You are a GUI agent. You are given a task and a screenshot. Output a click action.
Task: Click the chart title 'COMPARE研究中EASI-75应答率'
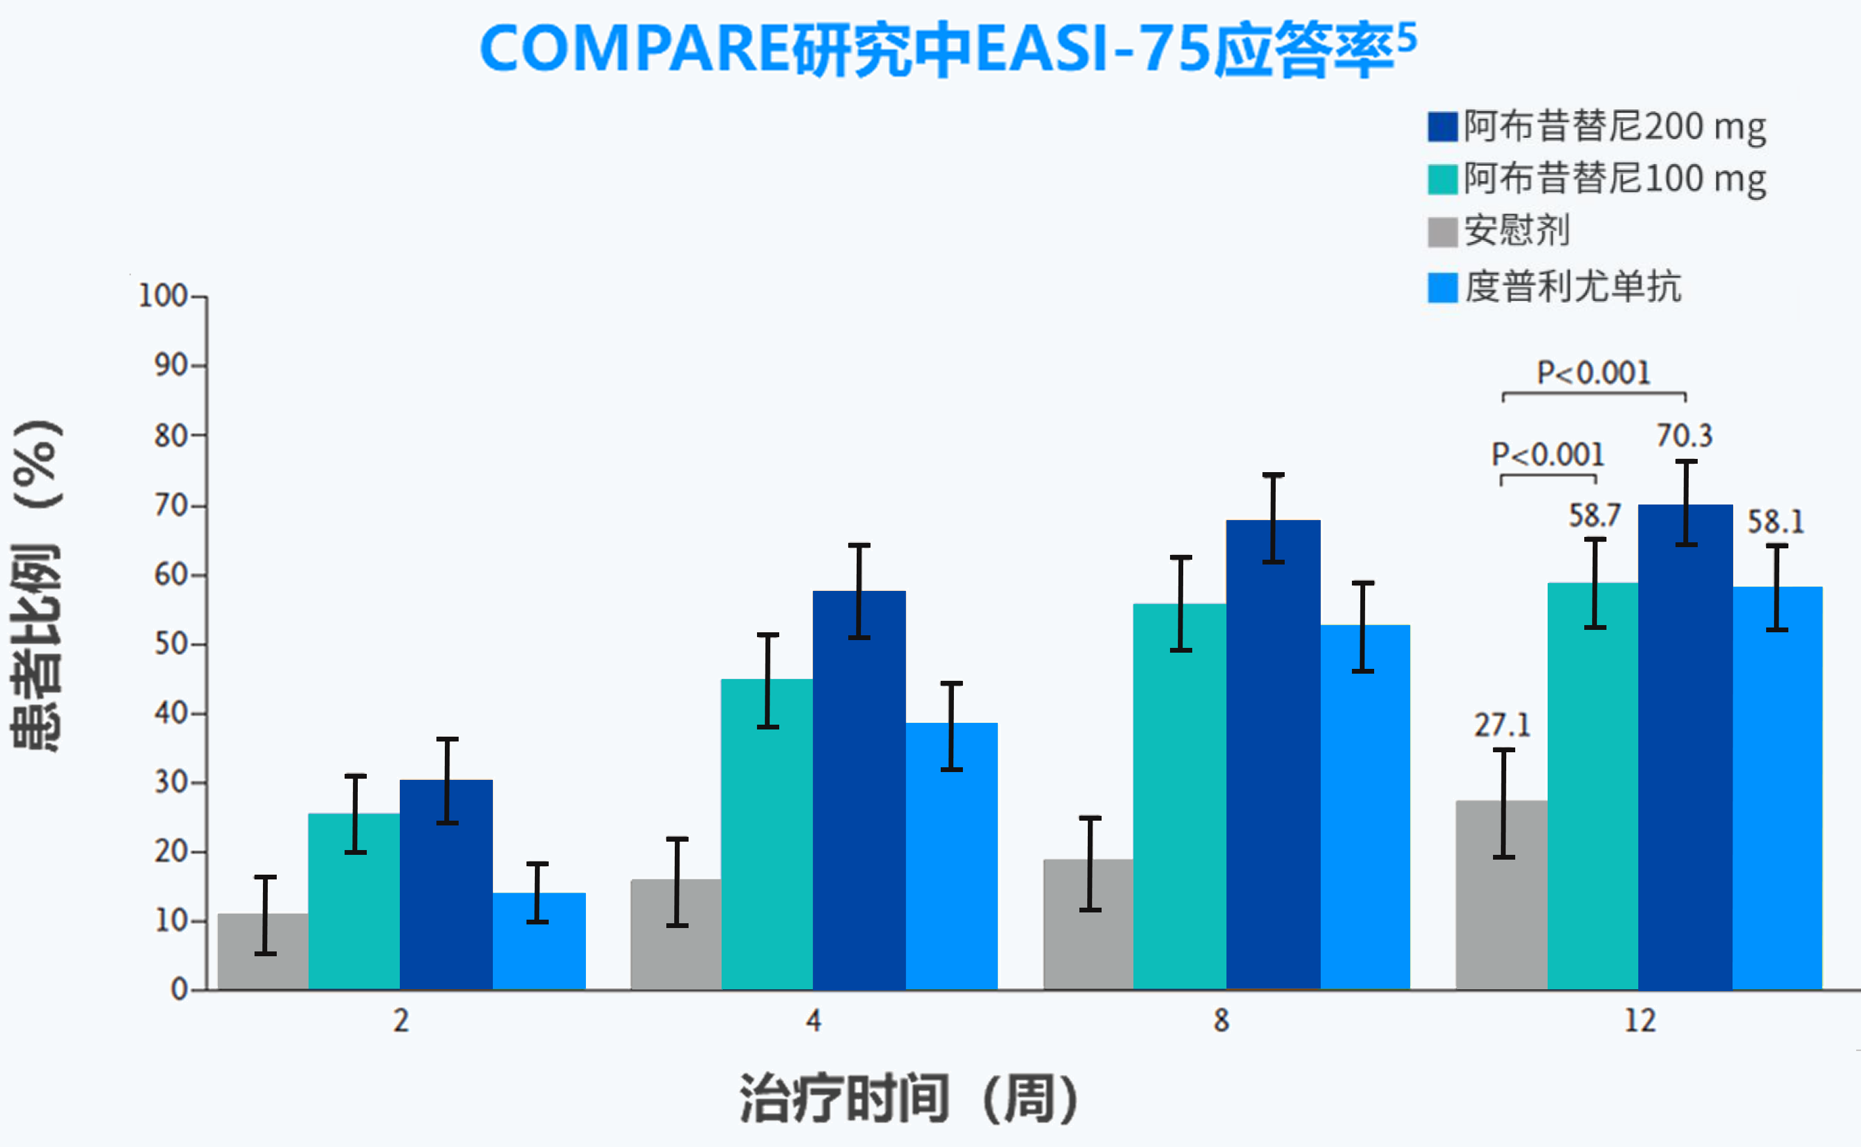pos(947,49)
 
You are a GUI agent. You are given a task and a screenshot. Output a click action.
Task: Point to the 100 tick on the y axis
pos(163,295)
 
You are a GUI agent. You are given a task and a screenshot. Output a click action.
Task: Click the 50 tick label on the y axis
pos(170,644)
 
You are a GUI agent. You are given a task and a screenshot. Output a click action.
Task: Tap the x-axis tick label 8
pos(1220,1020)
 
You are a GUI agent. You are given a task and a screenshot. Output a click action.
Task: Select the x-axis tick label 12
pos(1639,1020)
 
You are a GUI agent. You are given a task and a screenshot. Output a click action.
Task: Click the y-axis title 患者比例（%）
pos(37,584)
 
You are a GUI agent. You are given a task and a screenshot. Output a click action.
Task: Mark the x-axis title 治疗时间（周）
pos(908,1098)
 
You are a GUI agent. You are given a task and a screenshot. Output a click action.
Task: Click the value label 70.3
pos(1684,436)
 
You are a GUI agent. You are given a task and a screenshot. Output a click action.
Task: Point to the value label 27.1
pos(1502,726)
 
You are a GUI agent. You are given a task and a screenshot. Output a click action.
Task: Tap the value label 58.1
pos(1775,522)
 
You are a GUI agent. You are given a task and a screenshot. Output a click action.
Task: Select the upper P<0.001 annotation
pos(1593,373)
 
